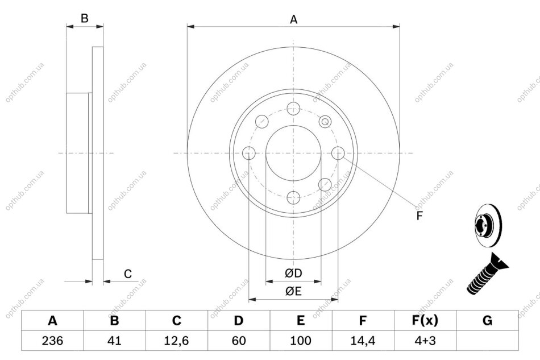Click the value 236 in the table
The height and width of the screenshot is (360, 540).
52,341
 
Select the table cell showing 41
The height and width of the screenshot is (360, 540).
114,341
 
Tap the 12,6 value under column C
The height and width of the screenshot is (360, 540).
176,341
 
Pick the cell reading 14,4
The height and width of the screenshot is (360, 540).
363,341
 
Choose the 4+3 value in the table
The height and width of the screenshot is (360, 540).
425,341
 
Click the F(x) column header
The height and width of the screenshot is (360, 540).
425,321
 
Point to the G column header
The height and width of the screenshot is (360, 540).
487,321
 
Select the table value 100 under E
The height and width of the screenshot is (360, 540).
301,341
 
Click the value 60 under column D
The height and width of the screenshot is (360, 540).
239,341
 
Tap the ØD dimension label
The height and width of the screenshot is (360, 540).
293,273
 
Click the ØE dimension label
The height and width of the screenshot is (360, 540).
293,291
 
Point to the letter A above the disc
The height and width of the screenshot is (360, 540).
293,20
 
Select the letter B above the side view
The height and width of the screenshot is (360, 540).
84,18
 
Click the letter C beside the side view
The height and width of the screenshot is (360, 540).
128,274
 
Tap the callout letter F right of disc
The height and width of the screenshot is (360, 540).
419,216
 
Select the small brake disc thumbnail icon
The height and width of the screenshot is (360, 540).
488,226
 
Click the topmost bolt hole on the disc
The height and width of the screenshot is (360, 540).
293,108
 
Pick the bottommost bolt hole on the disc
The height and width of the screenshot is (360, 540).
293,198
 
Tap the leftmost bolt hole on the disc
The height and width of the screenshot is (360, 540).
249,153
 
